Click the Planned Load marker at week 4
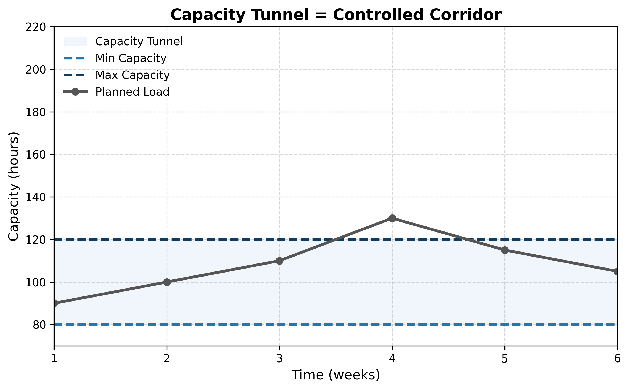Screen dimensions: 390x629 [392, 218]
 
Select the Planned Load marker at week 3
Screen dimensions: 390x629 [279, 261]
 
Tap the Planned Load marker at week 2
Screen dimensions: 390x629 [167, 282]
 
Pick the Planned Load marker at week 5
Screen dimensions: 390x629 [505, 250]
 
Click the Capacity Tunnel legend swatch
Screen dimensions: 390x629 [75, 42]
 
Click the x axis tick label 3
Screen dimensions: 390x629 [279, 359]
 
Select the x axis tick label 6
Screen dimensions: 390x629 [617, 359]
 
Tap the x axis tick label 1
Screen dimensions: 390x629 [54, 359]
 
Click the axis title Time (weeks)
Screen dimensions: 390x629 [336, 375]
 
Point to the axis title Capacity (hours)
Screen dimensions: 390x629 [13, 186]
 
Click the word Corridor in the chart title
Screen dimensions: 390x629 [465, 15]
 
